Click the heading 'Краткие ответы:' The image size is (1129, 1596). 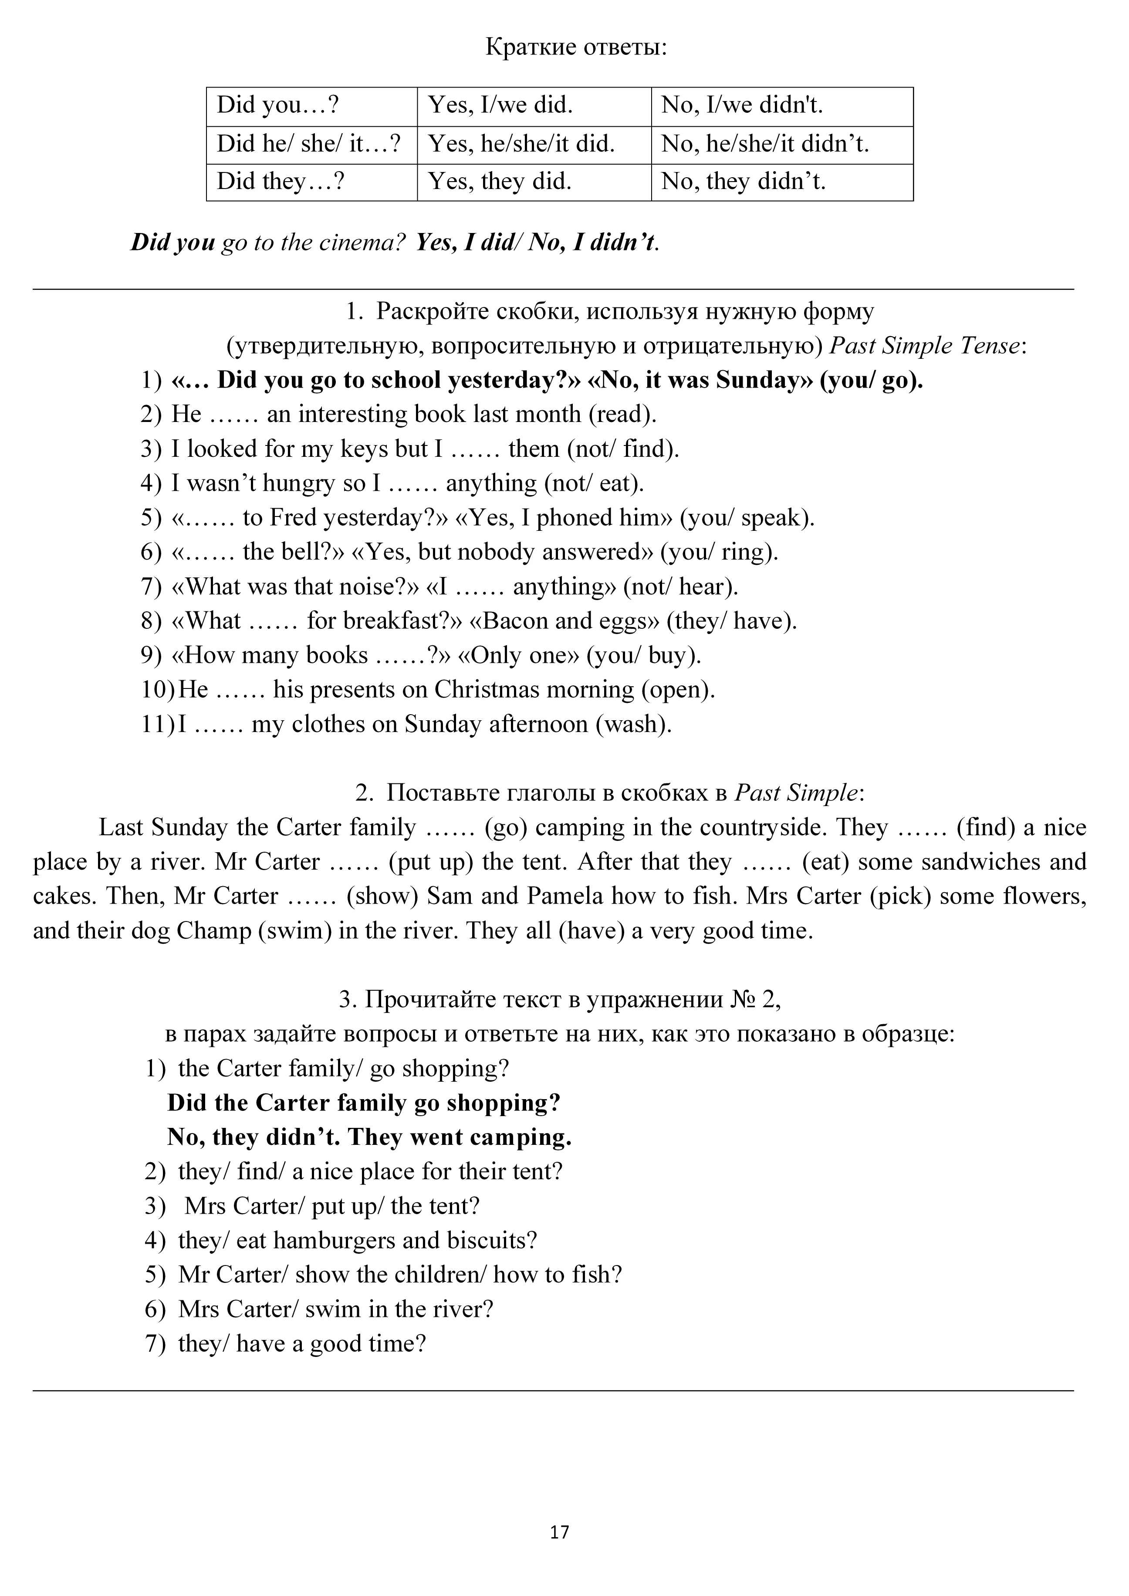pos(576,47)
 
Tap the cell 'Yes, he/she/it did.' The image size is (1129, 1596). pos(521,144)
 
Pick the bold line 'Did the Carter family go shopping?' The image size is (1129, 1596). pos(364,1103)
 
